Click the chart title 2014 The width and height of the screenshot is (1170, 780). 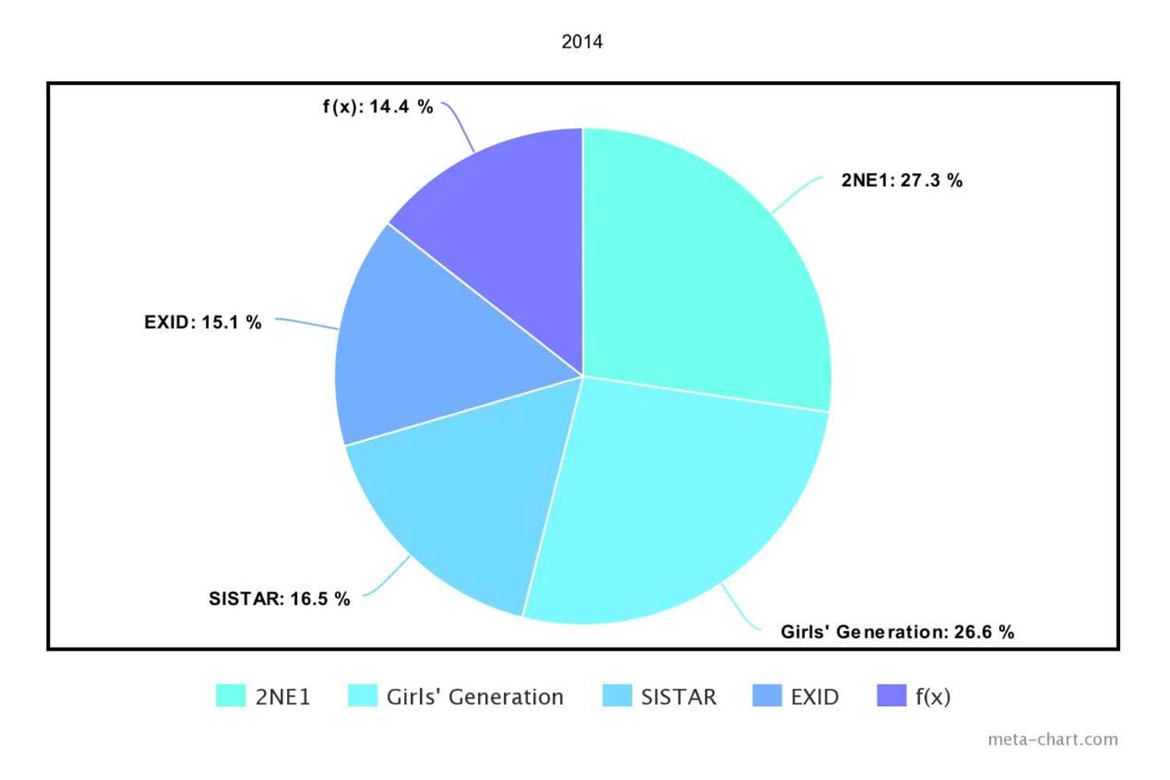click(x=582, y=42)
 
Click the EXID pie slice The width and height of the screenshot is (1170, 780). click(x=437, y=351)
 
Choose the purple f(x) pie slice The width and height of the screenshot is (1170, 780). click(x=507, y=234)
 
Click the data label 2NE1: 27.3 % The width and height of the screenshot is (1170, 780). click(x=902, y=180)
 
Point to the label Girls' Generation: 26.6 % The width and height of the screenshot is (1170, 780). click(x=897, y=632)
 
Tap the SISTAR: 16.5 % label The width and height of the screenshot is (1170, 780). click(x=279, y=599)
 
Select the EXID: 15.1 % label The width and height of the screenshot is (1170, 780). click(x=203, y=322)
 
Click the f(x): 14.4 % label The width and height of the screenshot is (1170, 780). click(x=378, y=107)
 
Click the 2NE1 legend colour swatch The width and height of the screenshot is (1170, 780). click(x=231, y=696)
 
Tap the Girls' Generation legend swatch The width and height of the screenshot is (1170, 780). click(x=363, y=696)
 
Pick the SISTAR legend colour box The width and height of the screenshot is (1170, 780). click(x=617, y=696)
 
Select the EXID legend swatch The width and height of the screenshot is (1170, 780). click(x=767, y=696)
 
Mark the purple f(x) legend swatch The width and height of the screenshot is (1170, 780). click(x=892, y=696)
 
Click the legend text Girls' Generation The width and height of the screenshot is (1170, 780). click(x=475, y=697)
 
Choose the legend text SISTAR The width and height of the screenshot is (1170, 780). click(x=679, y=697)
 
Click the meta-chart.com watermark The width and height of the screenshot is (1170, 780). click(x=1052, y=739)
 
